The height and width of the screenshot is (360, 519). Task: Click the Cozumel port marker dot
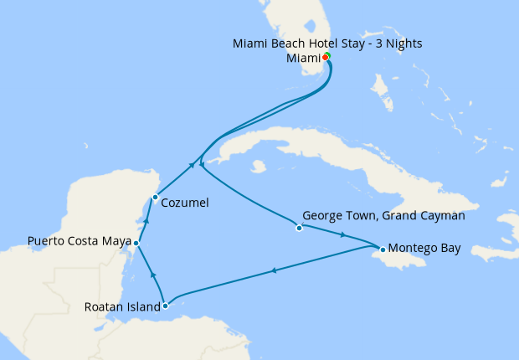pos(155,198)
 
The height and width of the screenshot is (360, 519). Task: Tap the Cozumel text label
pos(185,203)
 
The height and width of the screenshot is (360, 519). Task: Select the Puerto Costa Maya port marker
pos(136,242)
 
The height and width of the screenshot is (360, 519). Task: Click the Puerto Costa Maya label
pos(80,242)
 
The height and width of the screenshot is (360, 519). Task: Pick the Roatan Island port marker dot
pos(165,306)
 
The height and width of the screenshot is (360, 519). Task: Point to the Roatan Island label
pos(122,306)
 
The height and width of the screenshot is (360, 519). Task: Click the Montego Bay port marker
pos(382,249)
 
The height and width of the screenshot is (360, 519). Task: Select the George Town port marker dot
pos(299,228)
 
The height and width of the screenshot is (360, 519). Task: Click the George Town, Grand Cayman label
pos(383,215)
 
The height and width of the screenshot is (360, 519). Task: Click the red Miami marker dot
pos(325,58)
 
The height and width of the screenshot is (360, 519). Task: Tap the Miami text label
pos(303,58)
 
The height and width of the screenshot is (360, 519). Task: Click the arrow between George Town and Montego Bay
pos(343,235)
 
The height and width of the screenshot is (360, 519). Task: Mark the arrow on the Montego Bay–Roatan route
pos(274,270)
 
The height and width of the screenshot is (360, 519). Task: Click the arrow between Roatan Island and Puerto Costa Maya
pos(152,274)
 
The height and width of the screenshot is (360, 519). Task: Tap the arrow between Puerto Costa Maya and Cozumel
pos(146,221)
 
